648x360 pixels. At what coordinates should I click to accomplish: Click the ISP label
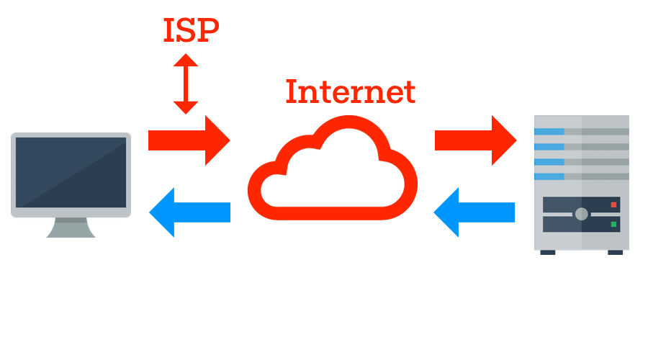(x=190, y=30)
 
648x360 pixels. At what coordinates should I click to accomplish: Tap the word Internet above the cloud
(x=350, y=92)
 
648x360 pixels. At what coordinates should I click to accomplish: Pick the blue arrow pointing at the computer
(x=189, y=212)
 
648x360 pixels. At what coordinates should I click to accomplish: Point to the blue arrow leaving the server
(x=475, y=212)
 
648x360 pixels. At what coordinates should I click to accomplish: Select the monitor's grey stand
(x=71, y=228)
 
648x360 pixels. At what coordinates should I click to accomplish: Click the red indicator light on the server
(x=613, y=205)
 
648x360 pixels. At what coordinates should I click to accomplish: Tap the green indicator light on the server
(x=613, y=225)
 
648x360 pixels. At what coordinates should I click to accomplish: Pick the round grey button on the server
(x=581, y=214)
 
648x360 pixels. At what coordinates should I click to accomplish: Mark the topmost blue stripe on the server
(x=549, y=132)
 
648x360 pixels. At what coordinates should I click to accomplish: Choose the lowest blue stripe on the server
(x=549, y=176)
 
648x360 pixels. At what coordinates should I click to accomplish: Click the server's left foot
(x=548, y=252)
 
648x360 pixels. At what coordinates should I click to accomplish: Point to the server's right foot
(x=615, y=252)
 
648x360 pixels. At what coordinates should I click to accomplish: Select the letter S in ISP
(x=189, y=30)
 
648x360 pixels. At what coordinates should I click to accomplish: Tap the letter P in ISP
(x=209, y=30)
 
